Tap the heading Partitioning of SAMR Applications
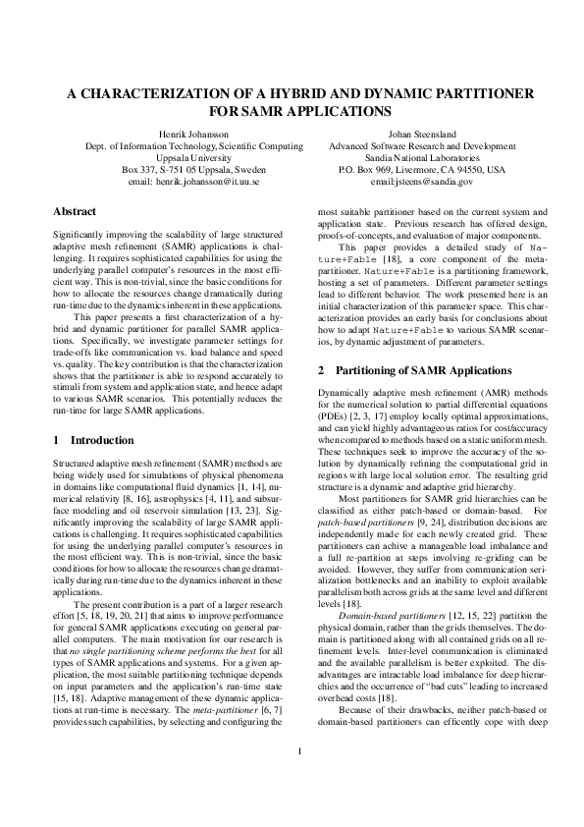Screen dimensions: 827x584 423,371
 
